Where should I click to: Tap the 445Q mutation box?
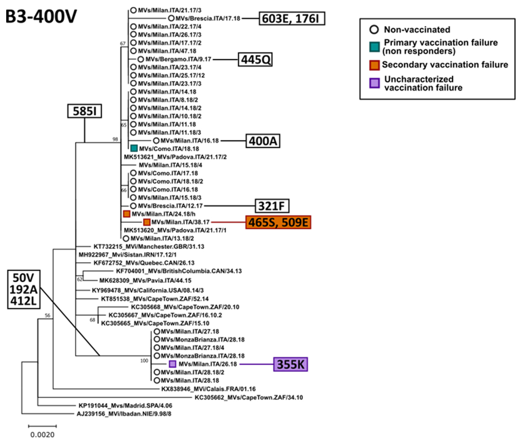pyautogui.click(x=255, y=60)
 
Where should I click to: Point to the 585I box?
pyautogui.click(x=84, y=111)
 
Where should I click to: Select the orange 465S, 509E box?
pyautogui.click(x=278, y=222)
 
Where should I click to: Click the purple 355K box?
pyautogui.click(x=290, y=364)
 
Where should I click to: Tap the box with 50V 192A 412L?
pyautogui.click(x=24, y=289)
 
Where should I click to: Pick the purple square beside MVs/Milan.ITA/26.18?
pyautogui.click(x=172, y=364)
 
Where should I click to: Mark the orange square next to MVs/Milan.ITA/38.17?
pyautogui.click(x=147, y=222)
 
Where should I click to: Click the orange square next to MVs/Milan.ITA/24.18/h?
pyautogui.click(x=126, y=214)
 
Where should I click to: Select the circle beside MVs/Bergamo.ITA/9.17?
pyautogui.click(x=141, y=59)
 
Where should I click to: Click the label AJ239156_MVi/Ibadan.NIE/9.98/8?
pyautogui.click(x=124, y=414)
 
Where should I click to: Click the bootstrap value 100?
pyautogui.click(x=144, y=361)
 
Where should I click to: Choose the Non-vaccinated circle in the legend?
pyautogui.click(x=374, y=30)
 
